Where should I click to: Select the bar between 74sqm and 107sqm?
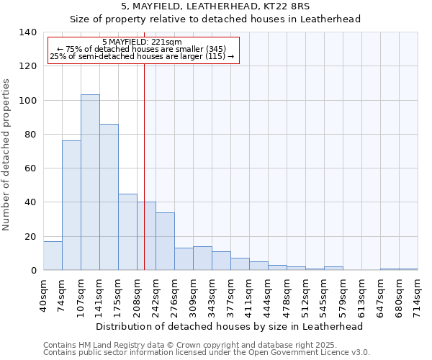click(x=71, y=205)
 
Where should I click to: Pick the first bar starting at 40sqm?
click(x=53, y=256)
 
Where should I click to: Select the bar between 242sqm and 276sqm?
click(x=165, y=241)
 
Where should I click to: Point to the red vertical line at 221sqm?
click(x=145, y=158)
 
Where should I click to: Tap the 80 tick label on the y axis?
click(x=30, y=135)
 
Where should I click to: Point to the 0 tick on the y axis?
click(x=33, y=271)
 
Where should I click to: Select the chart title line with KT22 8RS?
click(x=215, y=6)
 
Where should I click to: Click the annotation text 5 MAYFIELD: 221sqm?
click(x=143, y=42)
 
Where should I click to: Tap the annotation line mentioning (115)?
click(x=142, y=56)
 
